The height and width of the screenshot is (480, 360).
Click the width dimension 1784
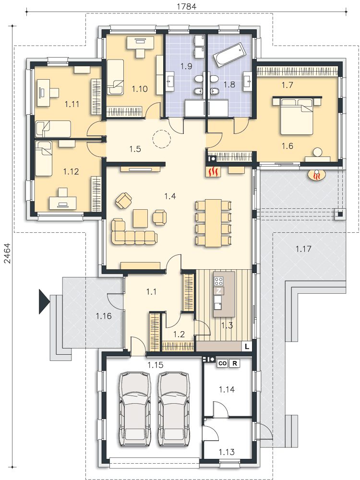click(186, 6)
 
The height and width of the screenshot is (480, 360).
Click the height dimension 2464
click(7, 253)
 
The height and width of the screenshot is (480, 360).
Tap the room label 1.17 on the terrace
click(303, 249)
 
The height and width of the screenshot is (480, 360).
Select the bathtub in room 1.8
click(229, 55)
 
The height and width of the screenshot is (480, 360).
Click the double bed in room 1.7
click(297, 116)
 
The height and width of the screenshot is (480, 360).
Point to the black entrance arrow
click(44, 301)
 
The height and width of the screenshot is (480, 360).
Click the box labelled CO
click(223, 363)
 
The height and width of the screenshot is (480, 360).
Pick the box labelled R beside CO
click(235, 363)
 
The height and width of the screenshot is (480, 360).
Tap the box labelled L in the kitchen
click(247, 347)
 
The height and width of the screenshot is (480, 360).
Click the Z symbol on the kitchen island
click(218, 291)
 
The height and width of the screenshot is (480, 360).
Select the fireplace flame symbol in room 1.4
click(213, 172)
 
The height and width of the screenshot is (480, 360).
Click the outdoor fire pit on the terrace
click(318, 176)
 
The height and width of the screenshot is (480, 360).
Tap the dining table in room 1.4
click(214, 223)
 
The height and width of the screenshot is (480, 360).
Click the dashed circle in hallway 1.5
click(161, 139)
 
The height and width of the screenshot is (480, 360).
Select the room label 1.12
click(71, 171)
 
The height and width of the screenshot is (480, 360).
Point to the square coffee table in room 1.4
click(141, 218)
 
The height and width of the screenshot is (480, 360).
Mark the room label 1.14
click(227, 389)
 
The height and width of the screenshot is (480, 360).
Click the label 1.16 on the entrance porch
click(104, 316)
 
